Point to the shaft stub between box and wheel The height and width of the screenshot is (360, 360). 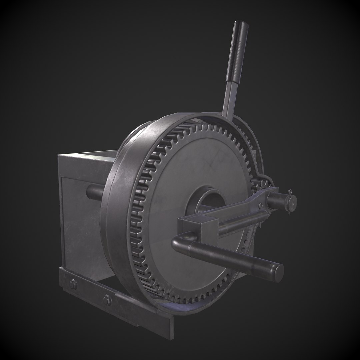point(95,192)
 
